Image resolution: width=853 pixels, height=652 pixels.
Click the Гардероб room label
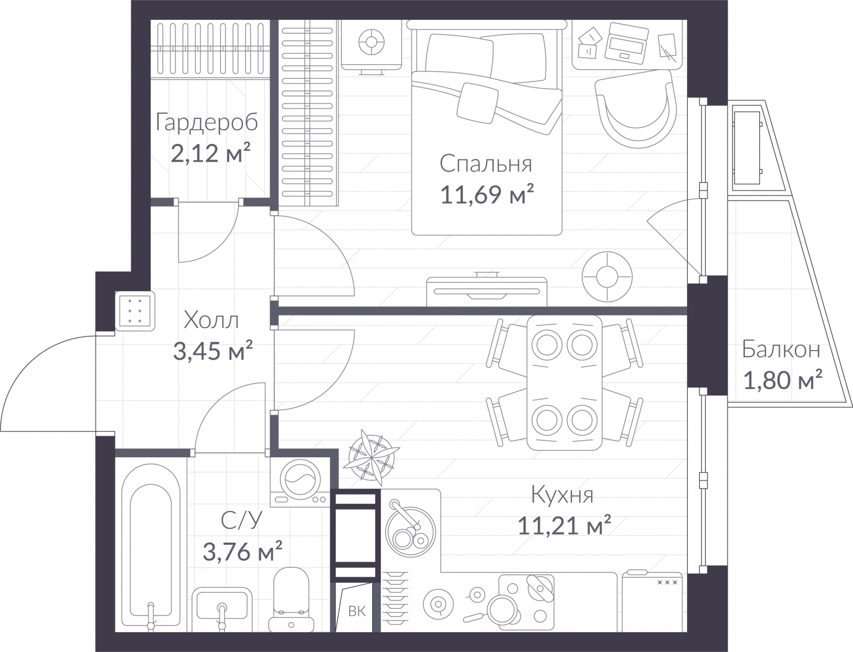[206, 123]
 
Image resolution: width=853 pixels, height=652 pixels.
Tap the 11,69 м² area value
[487, 194]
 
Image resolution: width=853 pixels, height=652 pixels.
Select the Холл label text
[211, 321]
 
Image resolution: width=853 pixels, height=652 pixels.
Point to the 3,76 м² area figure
[243, 551]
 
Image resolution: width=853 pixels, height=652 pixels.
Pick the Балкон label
[781, 349]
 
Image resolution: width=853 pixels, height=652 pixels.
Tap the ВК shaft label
[357, 611]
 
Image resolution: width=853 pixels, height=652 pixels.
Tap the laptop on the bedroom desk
[626, 43]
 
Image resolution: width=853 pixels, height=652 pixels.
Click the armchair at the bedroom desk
[636, 109]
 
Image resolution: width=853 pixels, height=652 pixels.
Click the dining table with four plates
[564, 383]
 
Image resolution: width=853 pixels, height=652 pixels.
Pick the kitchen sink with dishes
[411, 531]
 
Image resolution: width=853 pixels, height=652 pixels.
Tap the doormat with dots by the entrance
[135, 311]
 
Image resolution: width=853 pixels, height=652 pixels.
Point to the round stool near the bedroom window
[607, 277]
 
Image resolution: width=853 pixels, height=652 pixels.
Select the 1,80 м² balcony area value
[782, 380]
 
